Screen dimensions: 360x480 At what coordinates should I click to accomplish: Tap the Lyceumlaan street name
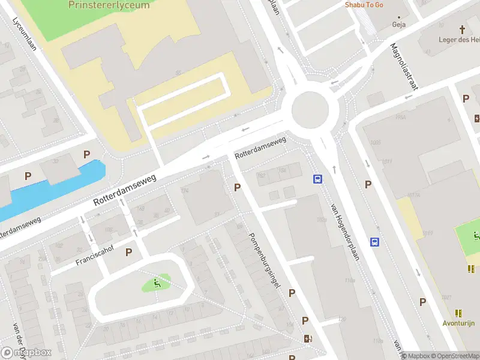click(x=25, y=33)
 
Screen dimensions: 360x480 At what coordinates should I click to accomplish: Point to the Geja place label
click(x=398, y=25)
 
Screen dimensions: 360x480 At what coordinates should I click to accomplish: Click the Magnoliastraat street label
click(x=403, y=66)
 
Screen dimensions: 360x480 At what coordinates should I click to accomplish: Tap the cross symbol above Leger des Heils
click(x=463, y=29)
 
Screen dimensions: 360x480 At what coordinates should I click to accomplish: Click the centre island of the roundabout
click(x=310, y=109)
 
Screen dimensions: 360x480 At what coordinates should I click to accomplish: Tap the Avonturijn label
click(x=459, y=323)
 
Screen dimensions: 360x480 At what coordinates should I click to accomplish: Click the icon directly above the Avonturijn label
click(x=459, y=313)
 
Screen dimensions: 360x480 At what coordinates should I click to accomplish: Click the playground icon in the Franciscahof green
click(x=157, y=283)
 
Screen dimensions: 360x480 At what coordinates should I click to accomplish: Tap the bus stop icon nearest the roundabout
click(x=317, y=179)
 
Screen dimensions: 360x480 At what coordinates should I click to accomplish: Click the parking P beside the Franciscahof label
click(x=128, y=253)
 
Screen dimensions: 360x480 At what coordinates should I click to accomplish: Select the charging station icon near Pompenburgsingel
click(x=308, y=338)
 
